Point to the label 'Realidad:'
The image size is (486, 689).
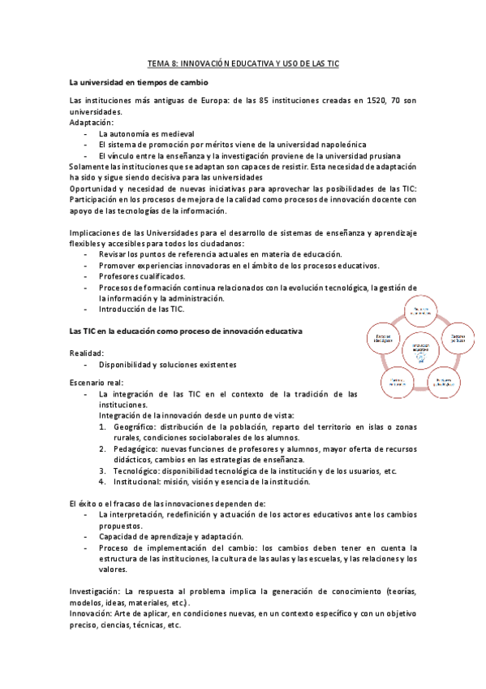click(87, 354)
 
